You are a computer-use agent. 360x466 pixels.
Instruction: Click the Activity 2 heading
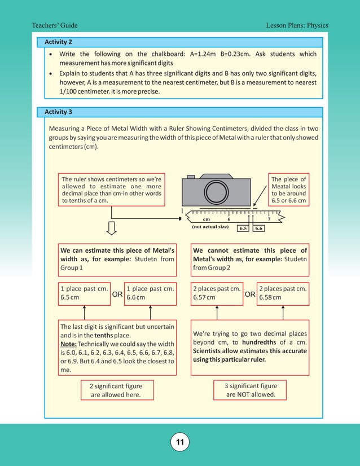[58, 42]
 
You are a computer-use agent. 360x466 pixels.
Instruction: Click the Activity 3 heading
[58, 112]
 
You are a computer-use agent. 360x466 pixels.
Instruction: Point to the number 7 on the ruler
[269, 219]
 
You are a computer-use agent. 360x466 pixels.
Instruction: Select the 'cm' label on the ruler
[206, 219]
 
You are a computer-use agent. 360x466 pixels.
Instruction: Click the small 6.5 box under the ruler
[243, 228]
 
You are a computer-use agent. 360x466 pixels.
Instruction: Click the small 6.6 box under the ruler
[258, 228]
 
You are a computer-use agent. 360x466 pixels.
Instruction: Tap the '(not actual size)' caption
[210, 227]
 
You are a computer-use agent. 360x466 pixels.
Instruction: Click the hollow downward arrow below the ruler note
[112, 227]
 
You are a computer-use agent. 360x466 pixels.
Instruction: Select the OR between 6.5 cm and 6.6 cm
[117, 294]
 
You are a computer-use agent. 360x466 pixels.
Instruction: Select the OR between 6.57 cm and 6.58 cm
[250, 294]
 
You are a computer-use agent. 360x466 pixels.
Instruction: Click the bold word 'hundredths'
[261, 342]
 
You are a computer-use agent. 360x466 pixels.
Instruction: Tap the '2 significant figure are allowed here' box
[116, 390]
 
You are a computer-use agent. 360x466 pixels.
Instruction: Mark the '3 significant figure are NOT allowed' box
[251, 390]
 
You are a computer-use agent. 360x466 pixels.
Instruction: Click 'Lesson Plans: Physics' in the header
[297, 25]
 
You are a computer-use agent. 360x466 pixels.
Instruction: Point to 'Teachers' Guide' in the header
[55, 25]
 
